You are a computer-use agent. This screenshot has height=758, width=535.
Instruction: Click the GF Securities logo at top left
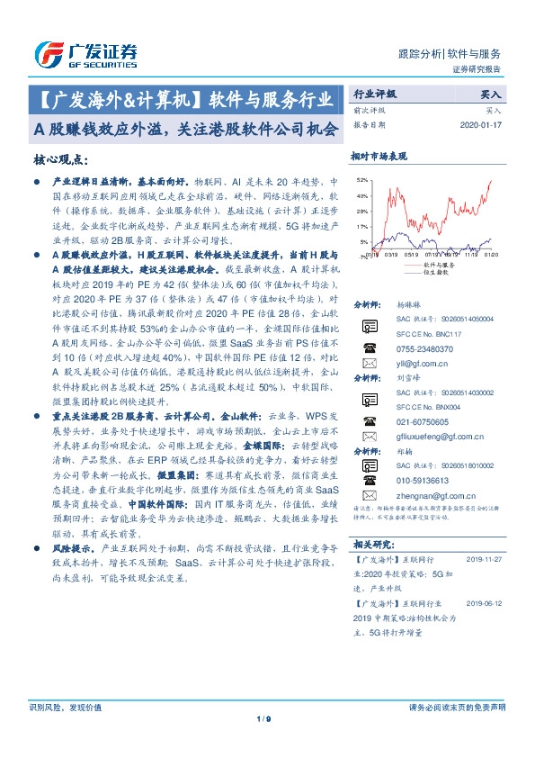pos(85,54)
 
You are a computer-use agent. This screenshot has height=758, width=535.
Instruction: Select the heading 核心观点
pos(60,159)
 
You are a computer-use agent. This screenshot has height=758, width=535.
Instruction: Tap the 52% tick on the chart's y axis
pos(361,181)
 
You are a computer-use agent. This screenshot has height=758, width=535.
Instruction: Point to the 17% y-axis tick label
pos(361,226)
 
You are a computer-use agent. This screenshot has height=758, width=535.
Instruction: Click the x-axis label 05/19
pos(412,255)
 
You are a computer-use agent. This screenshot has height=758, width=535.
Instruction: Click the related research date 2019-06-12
pos(486,605)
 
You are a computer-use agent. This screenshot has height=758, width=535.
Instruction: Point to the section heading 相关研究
pos(371,545)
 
